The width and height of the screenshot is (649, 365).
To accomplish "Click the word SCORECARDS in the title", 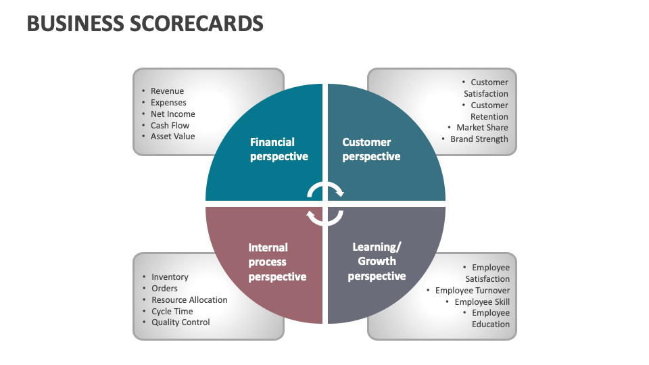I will [x=194, y=24].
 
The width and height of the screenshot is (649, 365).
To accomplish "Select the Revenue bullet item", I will [x=167, y=91].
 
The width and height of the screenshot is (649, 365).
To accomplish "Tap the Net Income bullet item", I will [x=172, y=114].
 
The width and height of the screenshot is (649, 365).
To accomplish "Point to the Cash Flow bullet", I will [x=170, y=126].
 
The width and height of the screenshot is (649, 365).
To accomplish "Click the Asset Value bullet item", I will [x=172, y=137].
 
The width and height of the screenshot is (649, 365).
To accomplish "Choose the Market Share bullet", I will [x=482, y=128].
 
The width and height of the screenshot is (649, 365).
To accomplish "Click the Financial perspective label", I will [x=279, y=149].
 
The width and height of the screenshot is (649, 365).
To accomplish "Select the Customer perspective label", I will [x=370, y=149].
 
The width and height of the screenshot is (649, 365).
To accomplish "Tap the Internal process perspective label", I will [x=277, y=262].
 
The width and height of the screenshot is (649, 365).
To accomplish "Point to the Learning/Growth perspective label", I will [x=377, y=262].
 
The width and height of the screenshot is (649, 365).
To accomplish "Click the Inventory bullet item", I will [x=170, y=277].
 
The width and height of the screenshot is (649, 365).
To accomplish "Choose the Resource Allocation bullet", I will [x=189, y=300].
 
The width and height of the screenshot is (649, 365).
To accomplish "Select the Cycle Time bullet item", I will [x=172, y=312].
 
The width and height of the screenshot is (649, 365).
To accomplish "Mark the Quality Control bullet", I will [x=181, y=322].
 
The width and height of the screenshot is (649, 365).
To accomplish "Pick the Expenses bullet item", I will [x=168, y=103].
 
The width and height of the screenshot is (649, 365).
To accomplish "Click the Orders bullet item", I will [x=164, y=289].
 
